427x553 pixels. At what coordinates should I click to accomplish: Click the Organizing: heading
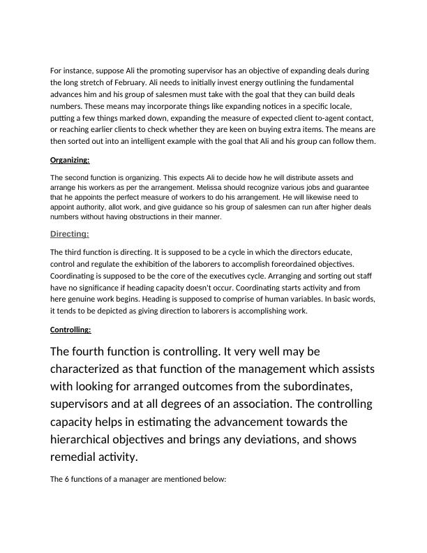(x=70, y=161)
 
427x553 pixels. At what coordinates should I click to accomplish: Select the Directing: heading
(x=70, y=234)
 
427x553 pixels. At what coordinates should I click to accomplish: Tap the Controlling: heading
(x=70, y=330)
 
